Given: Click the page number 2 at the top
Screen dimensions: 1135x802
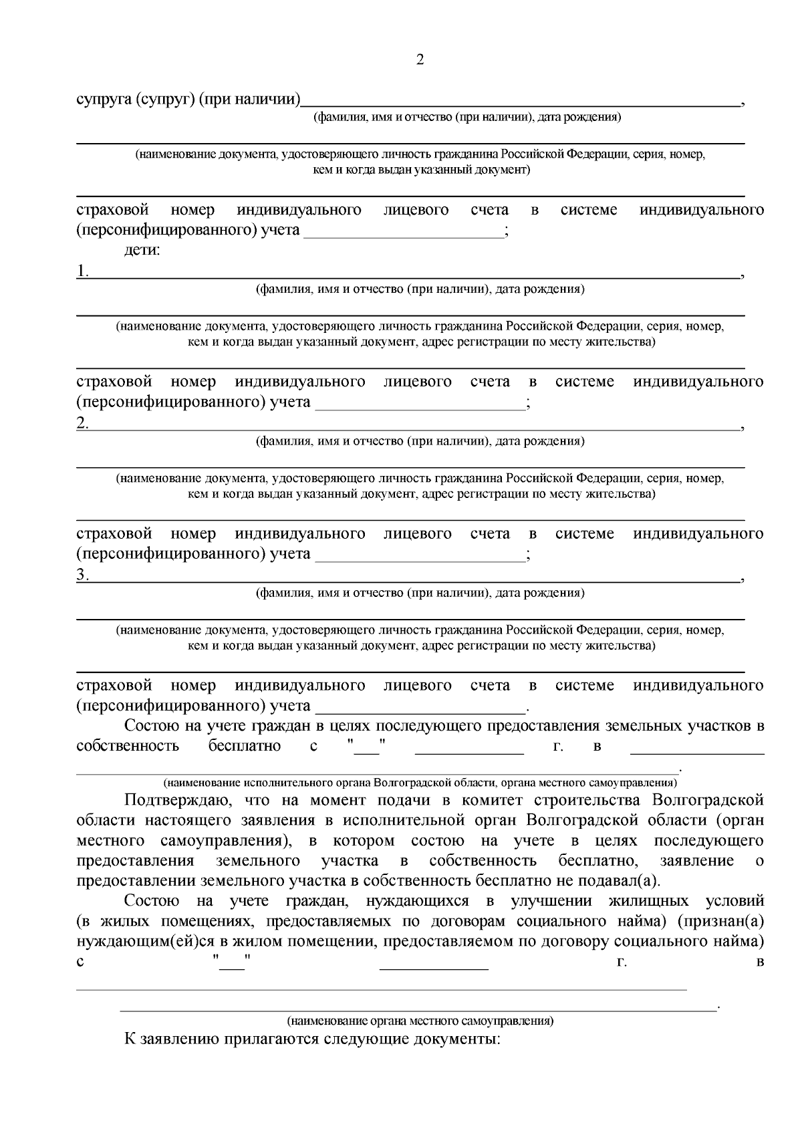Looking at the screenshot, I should (x=420, y=60).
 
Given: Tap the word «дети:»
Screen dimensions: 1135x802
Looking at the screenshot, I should (x=142, y=251).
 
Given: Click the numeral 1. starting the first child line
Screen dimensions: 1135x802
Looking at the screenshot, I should (x=82, y=271).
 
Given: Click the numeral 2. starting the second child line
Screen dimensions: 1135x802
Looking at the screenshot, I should (x=82, y=423).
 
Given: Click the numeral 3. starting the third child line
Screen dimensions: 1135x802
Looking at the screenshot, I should (x=82, y=575).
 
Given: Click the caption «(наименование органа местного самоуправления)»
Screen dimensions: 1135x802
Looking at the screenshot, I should (x=420, y=1021).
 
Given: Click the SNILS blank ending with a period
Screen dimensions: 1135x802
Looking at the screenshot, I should (x=420, y=707).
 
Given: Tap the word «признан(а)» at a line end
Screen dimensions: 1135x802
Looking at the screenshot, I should (x=720, y=922).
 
